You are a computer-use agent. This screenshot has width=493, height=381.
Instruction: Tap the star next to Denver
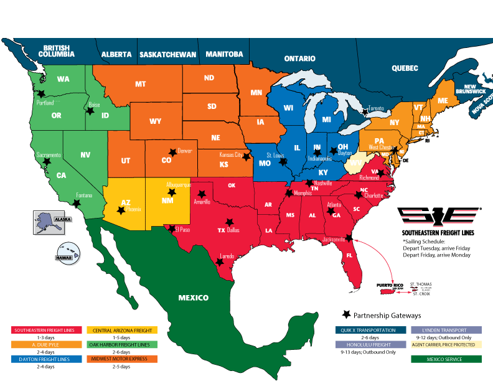pyautogui.click(x=172, y=152)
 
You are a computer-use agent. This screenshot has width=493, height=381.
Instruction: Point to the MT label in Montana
pyautogui.click(x=141, y=83)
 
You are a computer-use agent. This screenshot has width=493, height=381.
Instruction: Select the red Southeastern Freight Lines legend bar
pyautogui.click(x=48, y=329)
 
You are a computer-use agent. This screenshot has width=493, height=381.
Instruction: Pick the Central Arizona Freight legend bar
pyautogui.click(x=123, y=329)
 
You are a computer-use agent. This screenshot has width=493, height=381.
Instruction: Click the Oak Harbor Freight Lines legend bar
pyautogui.click(x=123, y=344)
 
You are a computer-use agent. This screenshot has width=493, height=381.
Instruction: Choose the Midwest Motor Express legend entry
pyautogui.click(x=123, y=359)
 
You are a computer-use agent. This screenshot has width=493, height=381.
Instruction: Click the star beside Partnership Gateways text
pyautogui.click(x=347, y=315)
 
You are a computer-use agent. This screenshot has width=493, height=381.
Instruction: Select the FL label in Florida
pyautogui.click(x=349, y=256)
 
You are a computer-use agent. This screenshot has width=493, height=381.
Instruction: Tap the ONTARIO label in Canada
pyautogui.click(x=300, y=58)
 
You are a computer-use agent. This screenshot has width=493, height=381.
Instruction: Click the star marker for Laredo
pyautogui.click(x=219, y=261)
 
